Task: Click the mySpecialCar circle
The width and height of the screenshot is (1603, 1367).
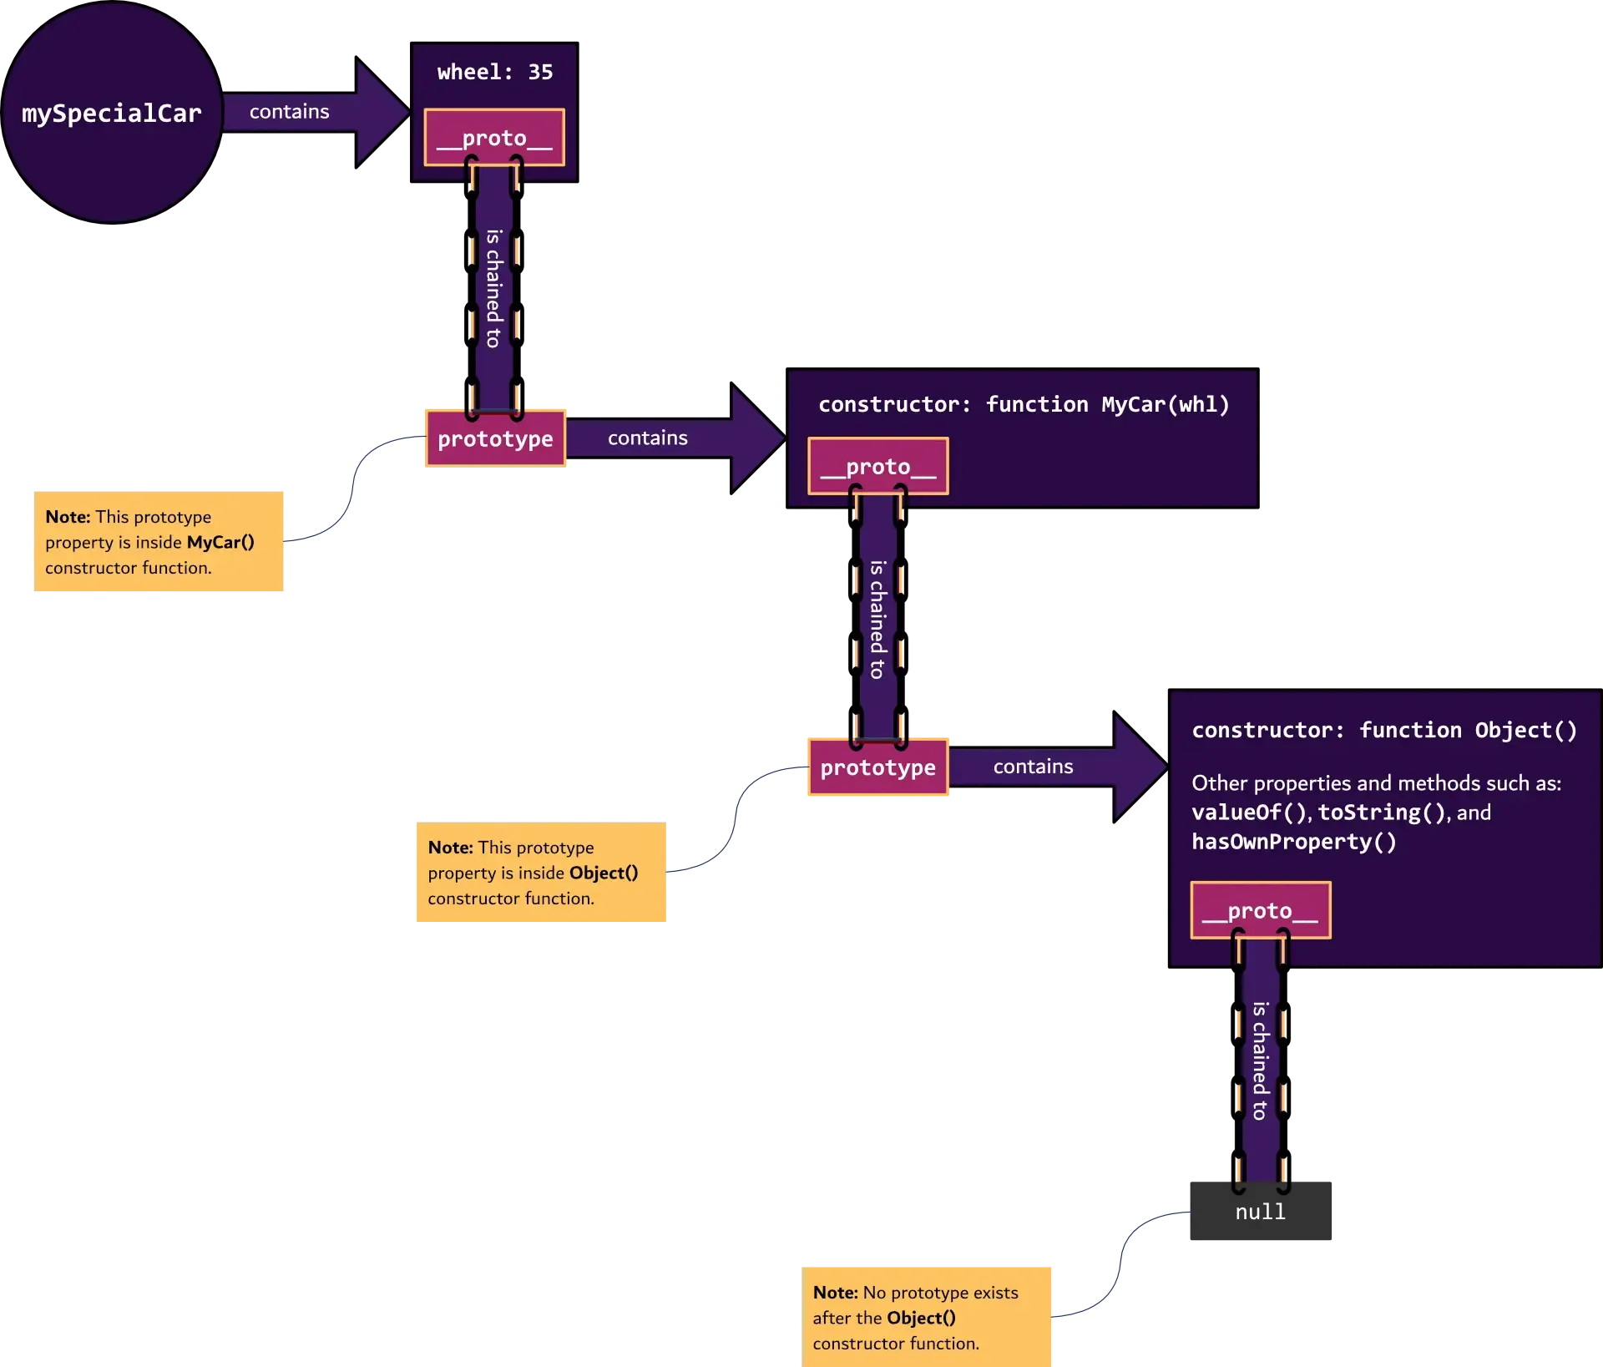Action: pos(112,113)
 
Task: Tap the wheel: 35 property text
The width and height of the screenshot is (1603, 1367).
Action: pos(494,73)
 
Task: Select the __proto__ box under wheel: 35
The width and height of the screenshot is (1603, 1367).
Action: pos(494,138)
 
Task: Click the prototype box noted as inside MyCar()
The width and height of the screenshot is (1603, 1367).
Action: pos(495,438)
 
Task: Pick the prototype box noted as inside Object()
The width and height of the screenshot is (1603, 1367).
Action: pos(877,767)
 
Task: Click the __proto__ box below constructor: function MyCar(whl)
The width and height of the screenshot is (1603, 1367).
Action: pos(877,467)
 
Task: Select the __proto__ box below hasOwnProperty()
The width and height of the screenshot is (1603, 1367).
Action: pos(1260,910)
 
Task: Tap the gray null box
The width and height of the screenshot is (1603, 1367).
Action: pos(1261,1212)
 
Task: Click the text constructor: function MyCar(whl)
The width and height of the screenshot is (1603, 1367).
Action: pos(1024,405)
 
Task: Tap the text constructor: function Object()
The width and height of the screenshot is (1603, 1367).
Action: pos(1384,731)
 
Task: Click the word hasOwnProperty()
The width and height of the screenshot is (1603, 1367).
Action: pos(1293,842)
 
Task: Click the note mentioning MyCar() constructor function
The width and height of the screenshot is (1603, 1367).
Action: pos(159,542)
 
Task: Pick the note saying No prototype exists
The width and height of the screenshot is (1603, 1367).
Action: pos(927,1317)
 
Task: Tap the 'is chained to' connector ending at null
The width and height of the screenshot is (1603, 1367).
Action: pos(1260,1061)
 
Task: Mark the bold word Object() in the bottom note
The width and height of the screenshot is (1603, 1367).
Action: pos(921,1318)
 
